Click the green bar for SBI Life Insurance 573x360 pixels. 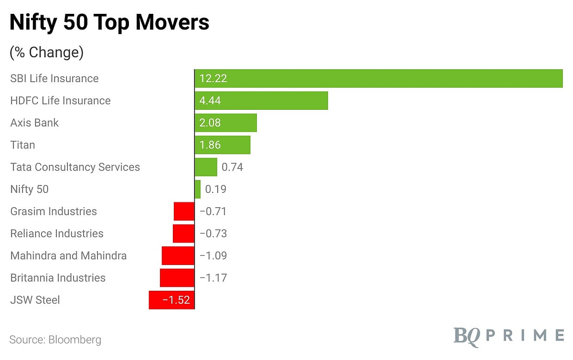click(x=378, y=79)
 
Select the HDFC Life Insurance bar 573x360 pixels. click(x=261, y=101)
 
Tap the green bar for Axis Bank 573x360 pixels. click(x=225, y=123)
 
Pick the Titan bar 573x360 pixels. click(x=223, y=145)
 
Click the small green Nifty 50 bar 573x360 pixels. click(x=198, y=189)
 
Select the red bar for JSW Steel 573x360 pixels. click(x=171, y=300)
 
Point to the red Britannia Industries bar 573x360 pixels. click(x=177, y=278)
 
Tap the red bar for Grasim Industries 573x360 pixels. click(x=184, y=212)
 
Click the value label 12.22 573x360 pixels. click(x=213, y=79)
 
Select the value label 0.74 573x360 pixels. click(x=233, y=167)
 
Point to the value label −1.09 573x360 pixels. click(x=213, y=256)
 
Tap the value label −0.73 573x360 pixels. click(x=213, y=233)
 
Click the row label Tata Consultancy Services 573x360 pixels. click(x=75, y=167)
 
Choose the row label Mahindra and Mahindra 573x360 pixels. click(x=68, y=256)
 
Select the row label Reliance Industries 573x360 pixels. click(x=57, y=233)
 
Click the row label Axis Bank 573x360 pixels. click(x=34, y=123)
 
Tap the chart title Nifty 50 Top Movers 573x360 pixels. click(x=109, y=23)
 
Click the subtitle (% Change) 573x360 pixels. click(x=46, y=52)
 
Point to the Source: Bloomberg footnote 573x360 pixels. click(x=55, y=340)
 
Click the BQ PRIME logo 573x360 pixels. click(x=508, y=335)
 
